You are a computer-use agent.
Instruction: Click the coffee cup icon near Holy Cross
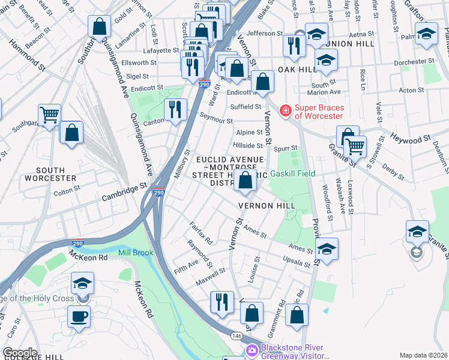(79, 316)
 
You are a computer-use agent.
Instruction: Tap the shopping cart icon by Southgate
(49, 113)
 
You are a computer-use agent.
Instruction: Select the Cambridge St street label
(124, 191)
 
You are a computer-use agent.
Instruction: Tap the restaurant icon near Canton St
(175, 109)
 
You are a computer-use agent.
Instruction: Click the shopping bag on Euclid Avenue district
(245, 180)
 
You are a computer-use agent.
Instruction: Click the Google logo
(19, 352)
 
